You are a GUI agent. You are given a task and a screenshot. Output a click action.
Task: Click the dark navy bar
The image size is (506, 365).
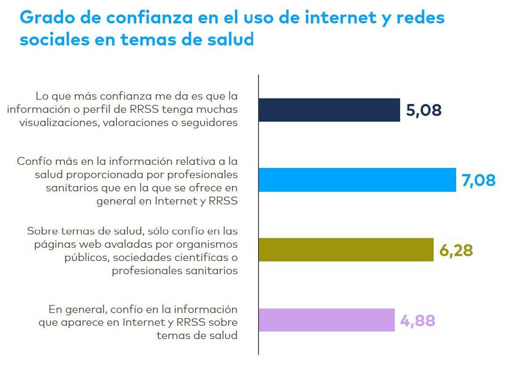pos(329,110)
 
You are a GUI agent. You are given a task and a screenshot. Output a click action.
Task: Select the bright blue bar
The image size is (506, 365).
pos(357,180)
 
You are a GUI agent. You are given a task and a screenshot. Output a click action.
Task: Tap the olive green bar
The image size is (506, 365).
pos(345,250)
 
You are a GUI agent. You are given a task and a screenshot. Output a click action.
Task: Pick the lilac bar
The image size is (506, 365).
pos(326,320)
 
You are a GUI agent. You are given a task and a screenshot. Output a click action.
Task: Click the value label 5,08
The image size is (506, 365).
pos(424,110)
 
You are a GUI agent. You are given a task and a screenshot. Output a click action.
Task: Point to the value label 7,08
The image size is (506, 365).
pos(479,180)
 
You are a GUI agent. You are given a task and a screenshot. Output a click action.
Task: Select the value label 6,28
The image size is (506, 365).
pos(456,250)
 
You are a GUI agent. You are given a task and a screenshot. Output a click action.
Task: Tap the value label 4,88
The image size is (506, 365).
pos(417,320)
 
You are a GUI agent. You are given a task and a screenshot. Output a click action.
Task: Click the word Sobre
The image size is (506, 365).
pos(40,231)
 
